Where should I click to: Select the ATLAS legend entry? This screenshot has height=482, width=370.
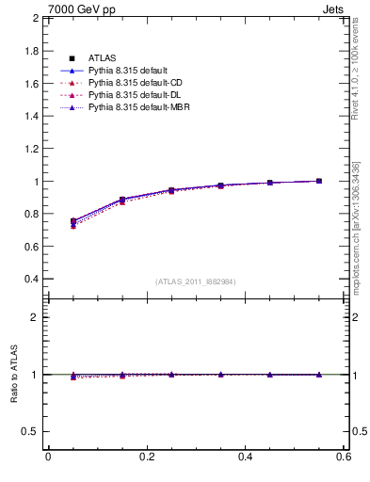coord(102,58)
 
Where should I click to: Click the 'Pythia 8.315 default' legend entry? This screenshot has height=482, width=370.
coord(128,71)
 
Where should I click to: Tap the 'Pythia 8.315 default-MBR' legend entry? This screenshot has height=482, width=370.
coord(137,107)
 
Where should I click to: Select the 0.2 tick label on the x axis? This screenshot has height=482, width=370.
coord(146,457)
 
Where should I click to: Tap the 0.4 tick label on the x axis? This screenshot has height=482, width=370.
coord(245,457)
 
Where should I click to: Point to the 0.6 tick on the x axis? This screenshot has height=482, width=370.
coord(343,457)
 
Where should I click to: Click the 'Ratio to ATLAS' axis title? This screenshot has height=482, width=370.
coord(13,375)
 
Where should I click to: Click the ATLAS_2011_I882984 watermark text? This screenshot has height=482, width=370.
coord(195,281)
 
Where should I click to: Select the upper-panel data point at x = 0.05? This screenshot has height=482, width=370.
coord(73,221)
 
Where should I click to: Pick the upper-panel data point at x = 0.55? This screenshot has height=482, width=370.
coord(319,181)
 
